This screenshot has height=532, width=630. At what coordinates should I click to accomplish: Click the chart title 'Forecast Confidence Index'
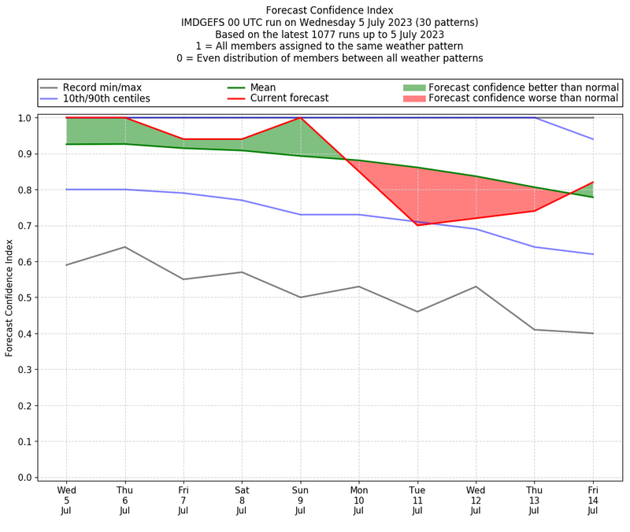330,10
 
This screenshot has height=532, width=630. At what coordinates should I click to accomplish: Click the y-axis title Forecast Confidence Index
9,297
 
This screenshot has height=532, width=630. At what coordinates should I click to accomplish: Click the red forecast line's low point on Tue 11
417,225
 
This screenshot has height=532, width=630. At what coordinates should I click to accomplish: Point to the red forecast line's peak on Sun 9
300,118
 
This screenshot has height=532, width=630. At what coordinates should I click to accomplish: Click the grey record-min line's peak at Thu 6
124,247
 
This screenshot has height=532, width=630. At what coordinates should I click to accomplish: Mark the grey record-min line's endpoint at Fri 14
593,334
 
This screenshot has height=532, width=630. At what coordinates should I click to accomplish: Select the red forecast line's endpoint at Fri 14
593,183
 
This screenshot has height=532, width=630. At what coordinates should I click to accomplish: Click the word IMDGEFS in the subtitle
205,23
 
